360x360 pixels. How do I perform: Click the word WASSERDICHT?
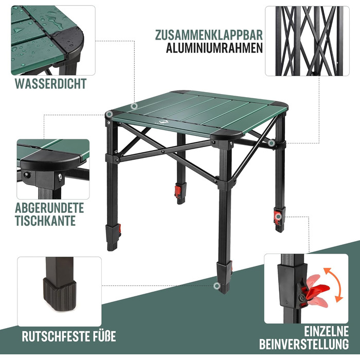pos(51,83)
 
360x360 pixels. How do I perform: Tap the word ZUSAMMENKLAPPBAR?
pos(209,35)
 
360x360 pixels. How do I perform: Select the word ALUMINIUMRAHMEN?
pos(214,48)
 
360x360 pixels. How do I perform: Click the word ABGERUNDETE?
pos(49,208)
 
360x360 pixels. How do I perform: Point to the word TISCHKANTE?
pos(45,221)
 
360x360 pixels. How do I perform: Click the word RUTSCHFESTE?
pos(53,336)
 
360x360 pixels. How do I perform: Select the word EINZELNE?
pos(326,331)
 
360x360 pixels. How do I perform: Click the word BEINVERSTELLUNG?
pos(304,345)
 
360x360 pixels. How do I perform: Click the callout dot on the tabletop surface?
pos(134,106)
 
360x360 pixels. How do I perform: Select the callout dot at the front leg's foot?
pos(217,286)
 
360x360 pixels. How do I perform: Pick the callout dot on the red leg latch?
pos(278,217)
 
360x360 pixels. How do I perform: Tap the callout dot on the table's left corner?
pos(110,114)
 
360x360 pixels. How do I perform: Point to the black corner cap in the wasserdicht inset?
pos(68,41)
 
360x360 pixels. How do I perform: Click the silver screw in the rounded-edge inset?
pos(60,176)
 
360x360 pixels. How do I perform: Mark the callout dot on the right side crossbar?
pos(272,143)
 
